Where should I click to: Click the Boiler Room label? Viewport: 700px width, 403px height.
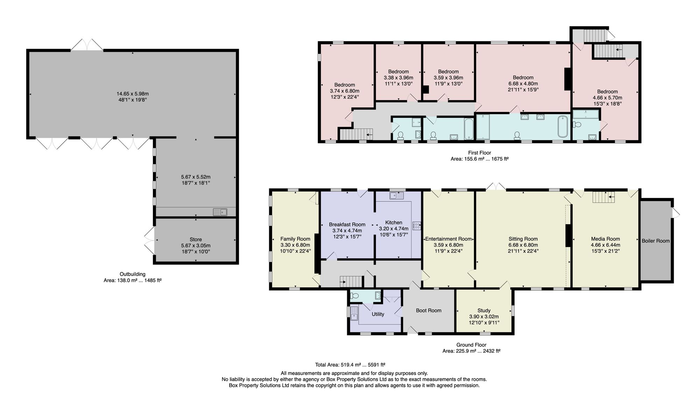tap(656, 241)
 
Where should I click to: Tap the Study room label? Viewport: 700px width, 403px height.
tap(484, 310)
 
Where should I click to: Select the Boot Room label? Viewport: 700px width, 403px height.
tap(429, 310)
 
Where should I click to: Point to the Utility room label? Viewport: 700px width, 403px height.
tap(378, 314)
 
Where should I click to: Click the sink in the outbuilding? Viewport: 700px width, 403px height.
tap(220, 212)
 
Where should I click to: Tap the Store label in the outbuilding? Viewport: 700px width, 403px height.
tap(196, 239)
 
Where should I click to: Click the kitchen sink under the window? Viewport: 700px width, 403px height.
tap(397, 195)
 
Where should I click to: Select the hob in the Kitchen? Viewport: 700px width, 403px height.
tap(416, 226)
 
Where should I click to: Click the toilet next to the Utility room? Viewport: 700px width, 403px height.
tap(355, 296)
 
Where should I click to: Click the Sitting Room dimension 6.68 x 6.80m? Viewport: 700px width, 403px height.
tap(523, 245)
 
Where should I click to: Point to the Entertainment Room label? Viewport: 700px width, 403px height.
tap(448, 239)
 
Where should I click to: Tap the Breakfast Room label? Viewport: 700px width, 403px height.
tap(347, 225)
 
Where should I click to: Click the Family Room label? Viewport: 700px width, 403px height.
tap(295, 239)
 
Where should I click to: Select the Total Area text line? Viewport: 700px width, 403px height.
tap(350, 365)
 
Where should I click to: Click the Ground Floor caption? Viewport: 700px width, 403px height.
tap(471, 345)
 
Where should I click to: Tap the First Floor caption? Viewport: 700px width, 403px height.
tap(479, 153)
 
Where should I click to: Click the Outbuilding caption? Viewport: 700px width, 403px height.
tap(132, 274)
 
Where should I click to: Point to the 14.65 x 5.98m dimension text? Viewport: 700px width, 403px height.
tap(133, 94)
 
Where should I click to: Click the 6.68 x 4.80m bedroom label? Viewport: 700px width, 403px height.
tap(523, 84)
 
